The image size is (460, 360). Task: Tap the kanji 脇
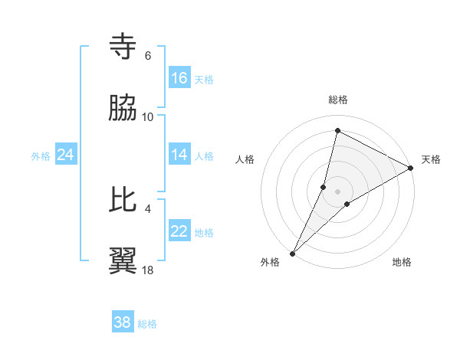click(x=124, y=109)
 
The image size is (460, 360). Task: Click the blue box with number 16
click(x=179, y=78)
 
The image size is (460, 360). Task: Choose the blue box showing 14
click(x=179, y=155)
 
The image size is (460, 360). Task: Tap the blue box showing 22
click(x=179, y=231)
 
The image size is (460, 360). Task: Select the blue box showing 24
click(x=66, y=155)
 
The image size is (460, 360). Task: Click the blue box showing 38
click(x=123, y=322)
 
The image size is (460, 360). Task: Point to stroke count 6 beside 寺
click(x=148, y=56)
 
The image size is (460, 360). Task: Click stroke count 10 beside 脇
click(x=148, y=117)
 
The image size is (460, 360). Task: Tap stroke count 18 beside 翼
click(x=148, y=270)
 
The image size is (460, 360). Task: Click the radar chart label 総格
click(x=338, y=100)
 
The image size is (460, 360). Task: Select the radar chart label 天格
click(x=431, y=159)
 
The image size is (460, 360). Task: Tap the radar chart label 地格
click(x=402, y=263)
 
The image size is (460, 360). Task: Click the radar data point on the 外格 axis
click(x=293, y=253)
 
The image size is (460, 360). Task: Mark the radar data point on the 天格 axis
click(x=411, y=168)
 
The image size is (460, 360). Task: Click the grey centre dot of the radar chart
click(x=338, y=191)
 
